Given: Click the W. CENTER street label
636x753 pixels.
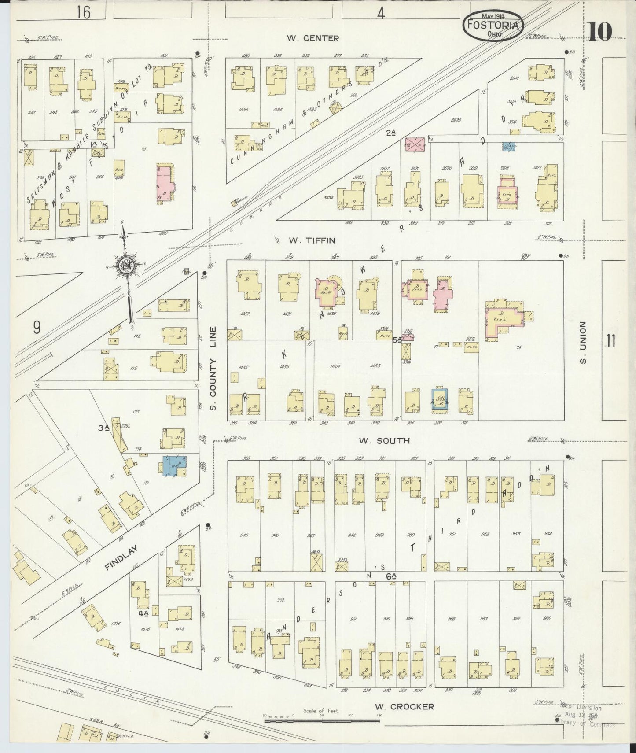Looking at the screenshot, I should click(312, 38).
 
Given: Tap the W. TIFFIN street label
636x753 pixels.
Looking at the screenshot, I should click(312, 240).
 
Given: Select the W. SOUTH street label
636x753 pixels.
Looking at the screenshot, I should click(384, 440).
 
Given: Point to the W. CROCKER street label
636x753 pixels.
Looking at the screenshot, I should click(404, 707).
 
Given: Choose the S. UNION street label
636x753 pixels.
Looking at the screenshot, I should click(583, 343).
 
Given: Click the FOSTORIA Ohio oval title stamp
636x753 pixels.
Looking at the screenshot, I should click(493, 26).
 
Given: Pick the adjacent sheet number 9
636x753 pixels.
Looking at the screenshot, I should click(37, 327).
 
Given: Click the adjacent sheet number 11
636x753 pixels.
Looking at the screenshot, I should click(610, 341).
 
